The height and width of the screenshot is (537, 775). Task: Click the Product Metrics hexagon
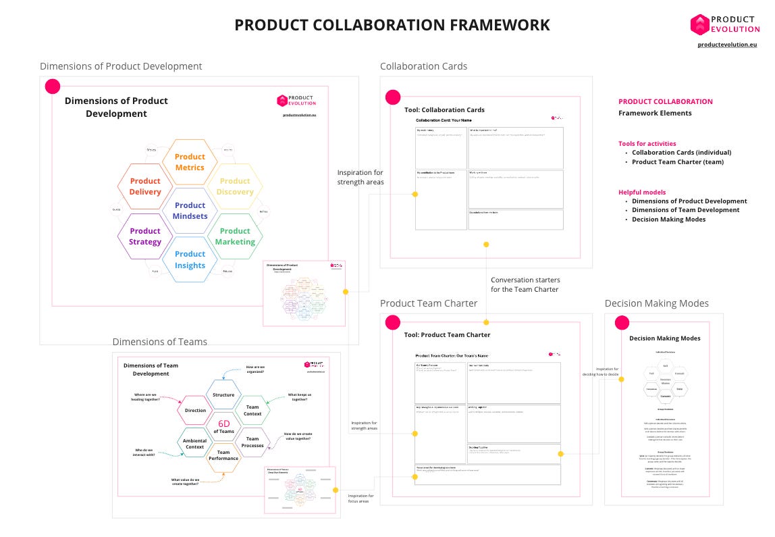click(190, 162)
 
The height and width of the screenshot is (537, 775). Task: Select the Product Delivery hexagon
click(145, 186)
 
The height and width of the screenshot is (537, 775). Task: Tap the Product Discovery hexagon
click(235, 186)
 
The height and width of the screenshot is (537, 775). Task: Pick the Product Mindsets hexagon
click(190, 211)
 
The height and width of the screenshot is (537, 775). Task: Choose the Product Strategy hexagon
click(145, 236)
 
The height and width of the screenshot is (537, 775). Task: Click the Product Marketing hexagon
click(235, 236)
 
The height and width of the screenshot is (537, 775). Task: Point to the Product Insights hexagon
click(190, 260)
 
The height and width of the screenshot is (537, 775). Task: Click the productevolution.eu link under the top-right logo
click(727, 44)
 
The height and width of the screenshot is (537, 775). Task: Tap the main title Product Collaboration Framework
click(392, 26)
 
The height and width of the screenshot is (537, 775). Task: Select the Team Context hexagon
click(252, 411)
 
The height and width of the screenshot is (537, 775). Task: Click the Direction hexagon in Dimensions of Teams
click(195, 411)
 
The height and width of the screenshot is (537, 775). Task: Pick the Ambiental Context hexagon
click(195, 443)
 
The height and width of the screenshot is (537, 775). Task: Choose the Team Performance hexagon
click(223, 455)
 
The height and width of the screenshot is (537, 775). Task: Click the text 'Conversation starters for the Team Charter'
click(525, 284)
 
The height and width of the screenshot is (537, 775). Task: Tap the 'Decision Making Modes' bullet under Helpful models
click(668, 220)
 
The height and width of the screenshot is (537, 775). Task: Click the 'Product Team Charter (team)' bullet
click(677, 162)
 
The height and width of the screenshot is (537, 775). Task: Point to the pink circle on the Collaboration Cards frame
click(393, 97)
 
